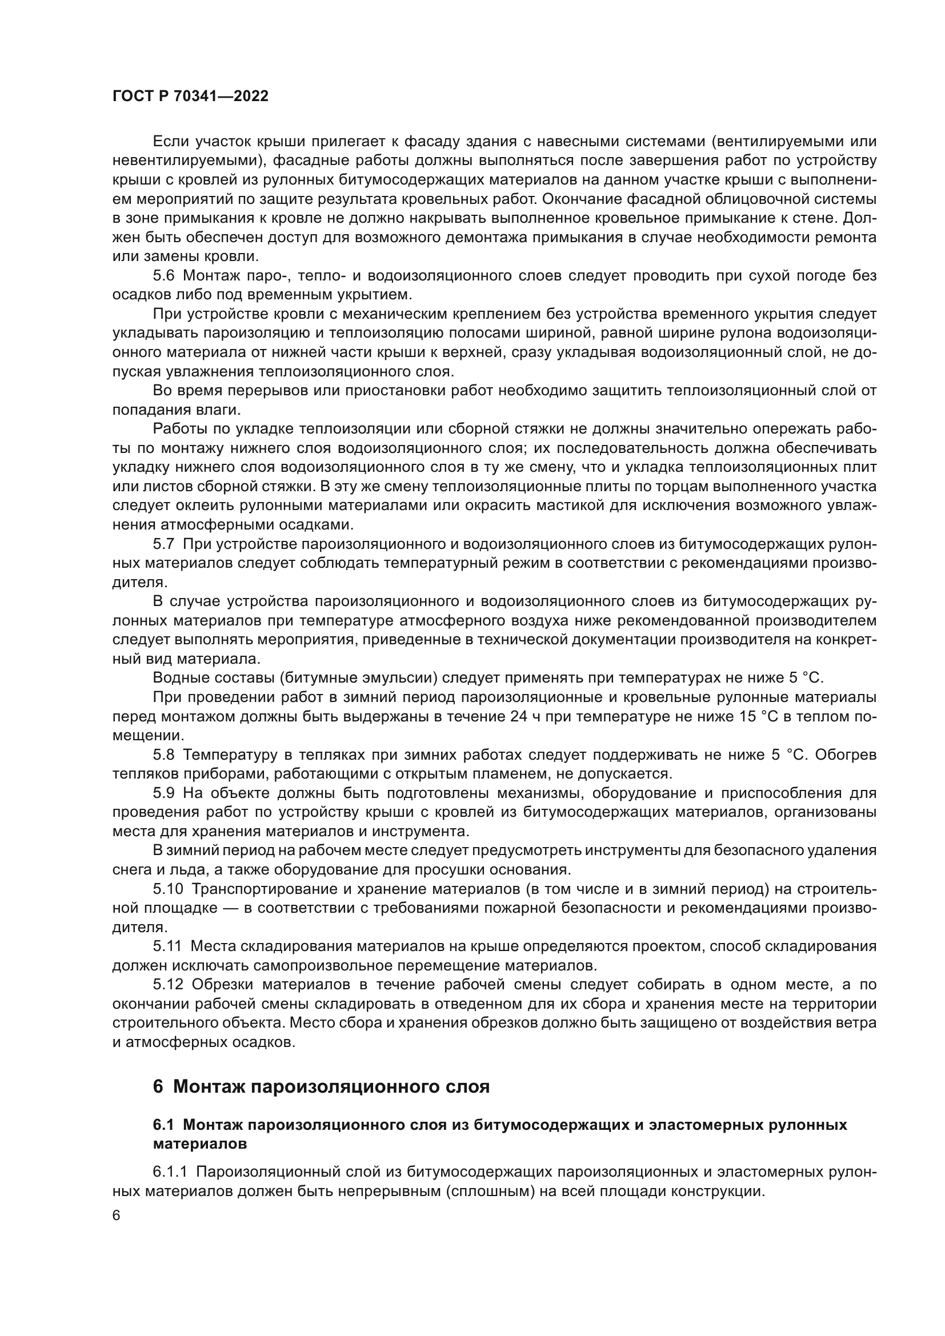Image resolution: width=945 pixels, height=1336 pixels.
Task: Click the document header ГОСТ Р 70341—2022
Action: [190, 97]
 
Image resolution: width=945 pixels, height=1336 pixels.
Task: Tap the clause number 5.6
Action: [163, 276]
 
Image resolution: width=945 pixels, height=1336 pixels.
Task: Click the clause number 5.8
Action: [163, 755]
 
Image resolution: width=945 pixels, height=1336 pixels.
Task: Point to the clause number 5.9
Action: [163, 793]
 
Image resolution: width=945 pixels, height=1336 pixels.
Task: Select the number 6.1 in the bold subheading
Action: [163, 1125]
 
